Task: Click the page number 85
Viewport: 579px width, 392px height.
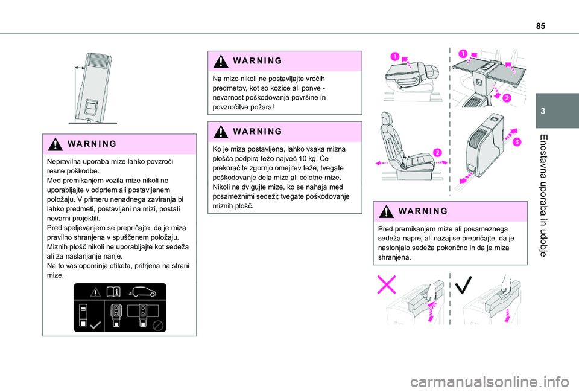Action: pos(540,26)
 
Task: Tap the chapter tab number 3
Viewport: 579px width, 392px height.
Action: pos(543,111)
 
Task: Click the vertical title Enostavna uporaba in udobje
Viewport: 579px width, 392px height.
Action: pos(543,195)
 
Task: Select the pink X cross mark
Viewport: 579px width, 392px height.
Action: pos(386,284)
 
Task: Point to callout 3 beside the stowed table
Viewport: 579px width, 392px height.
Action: pos(517,142)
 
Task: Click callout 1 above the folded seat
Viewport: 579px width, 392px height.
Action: pos(395,57)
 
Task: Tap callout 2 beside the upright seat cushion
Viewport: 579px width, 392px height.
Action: pos(437,153)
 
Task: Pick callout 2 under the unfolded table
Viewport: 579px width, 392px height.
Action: pos(507,98)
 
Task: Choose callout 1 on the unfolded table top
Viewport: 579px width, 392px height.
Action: pos(463,54)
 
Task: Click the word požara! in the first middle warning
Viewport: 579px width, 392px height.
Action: pos(262,108)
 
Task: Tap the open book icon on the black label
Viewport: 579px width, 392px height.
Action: pos(113,292)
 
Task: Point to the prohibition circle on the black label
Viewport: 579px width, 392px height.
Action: pos(158,326)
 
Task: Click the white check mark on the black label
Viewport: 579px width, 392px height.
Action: pos(95,325)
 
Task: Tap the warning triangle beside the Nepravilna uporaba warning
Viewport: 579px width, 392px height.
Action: pos(55,144)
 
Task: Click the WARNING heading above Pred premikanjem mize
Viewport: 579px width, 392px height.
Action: pos(423,211)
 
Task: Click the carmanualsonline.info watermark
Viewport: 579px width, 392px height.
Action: pos(490,382)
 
